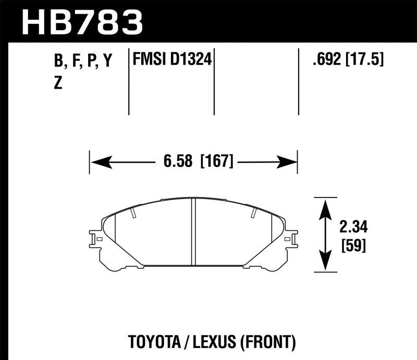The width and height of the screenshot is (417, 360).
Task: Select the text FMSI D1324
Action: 171,60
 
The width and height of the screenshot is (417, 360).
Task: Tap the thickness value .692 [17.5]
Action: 347,60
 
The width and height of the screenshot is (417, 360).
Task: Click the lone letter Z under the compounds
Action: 58,83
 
